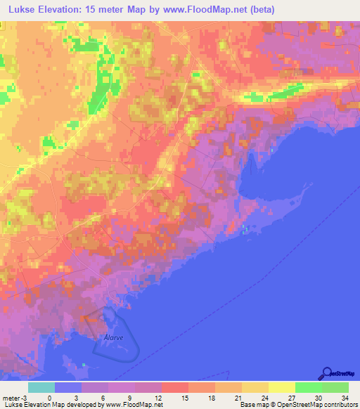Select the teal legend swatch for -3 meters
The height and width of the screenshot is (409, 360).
[x=41, y=387]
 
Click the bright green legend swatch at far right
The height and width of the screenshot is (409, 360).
[x=335, y=387]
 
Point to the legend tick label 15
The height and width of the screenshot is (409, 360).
[x=188, y=398]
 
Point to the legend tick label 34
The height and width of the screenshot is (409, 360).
[x=345, y=398]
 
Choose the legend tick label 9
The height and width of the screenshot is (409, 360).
[x=135, y=398]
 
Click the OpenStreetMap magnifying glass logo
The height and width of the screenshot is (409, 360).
[x=326, y=373]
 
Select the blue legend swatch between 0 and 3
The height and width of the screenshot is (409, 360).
[x=68, y=387]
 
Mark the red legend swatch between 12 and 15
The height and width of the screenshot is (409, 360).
[x=174, y=387]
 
